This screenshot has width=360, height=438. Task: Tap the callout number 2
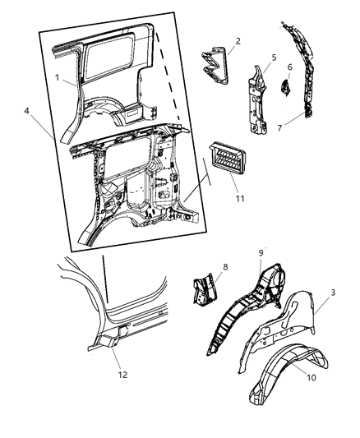(238, 40)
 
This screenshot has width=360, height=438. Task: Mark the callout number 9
(261, 253)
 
